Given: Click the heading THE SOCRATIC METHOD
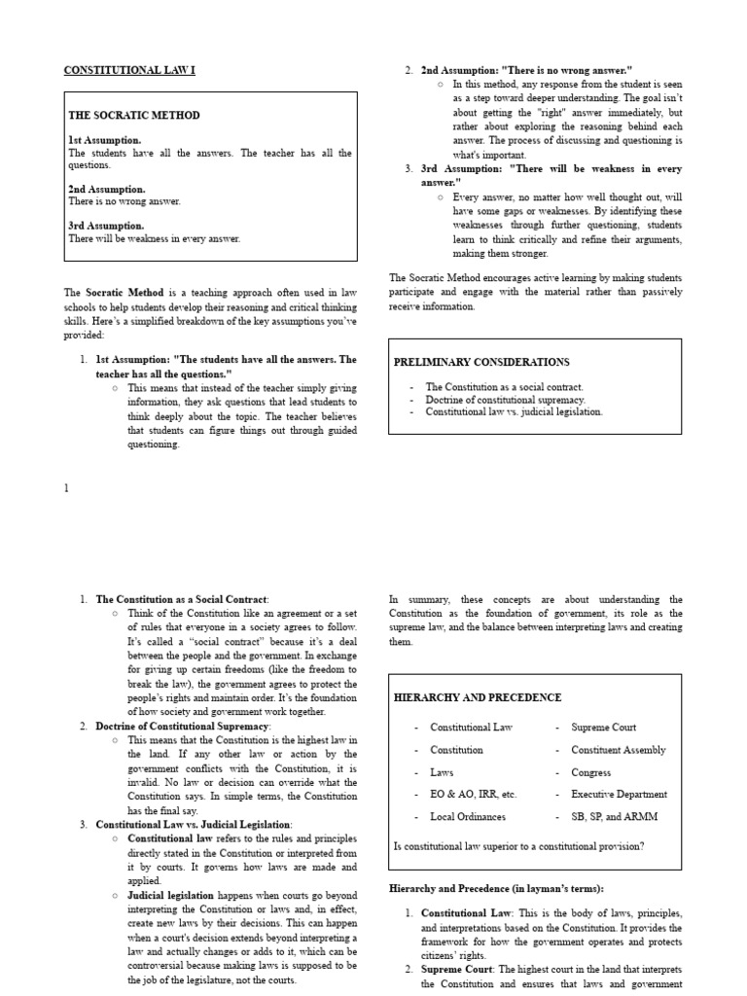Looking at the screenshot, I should [134, 115].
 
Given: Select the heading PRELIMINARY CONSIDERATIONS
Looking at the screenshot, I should [481, 362].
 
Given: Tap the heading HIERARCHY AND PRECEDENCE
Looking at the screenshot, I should [477, 697].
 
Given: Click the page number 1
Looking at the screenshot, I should [67, 488].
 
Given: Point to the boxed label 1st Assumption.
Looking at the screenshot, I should [104, 140].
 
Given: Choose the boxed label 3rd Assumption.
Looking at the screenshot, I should [106, 226].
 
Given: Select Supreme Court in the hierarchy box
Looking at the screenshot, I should [604, 728].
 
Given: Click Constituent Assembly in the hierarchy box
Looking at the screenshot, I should [619, 750].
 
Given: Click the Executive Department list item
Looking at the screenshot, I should [620, 795].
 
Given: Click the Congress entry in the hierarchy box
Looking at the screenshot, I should [591, 772].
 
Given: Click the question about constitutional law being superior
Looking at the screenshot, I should [518, 846].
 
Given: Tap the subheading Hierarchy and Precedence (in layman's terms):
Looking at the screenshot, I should [496, 889].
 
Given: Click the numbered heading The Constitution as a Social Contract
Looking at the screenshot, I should [182, 599].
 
